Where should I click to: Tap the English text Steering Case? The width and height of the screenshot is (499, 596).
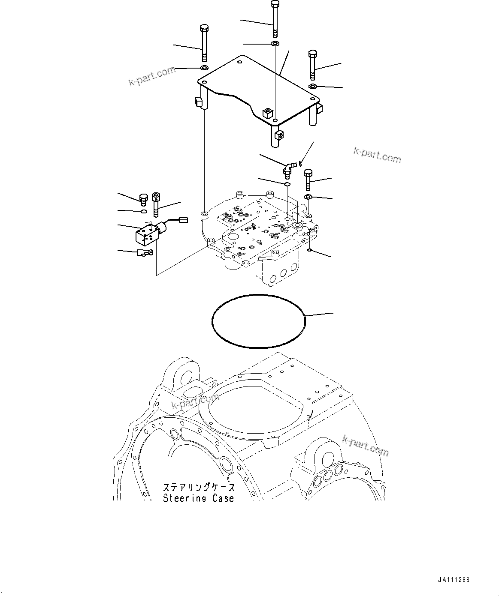pyautogui.click(x=199, y=498)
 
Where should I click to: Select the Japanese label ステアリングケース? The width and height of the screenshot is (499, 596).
pyautogui.click(x=199, y=488)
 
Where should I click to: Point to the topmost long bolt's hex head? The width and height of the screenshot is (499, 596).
pyautogui.click(x=275, y=4)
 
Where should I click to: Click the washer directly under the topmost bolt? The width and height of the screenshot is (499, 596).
pyautogui.click(x=275, y=44)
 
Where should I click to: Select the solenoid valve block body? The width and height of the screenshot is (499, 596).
pyautogui.click(x=145, y=234)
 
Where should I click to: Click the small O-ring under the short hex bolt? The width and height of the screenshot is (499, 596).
pyautogui.click(x=144, y=211)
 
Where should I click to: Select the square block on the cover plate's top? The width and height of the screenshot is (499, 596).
pyautogui.click(x=268, y=113)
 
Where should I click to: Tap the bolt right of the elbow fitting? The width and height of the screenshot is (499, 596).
pyautogui.click(x=308, y=180)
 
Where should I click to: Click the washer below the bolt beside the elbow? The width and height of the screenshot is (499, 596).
pyautogui.click(x=308, y=197)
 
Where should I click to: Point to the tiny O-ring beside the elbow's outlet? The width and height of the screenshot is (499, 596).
pyautogui.click(x=302, y=162)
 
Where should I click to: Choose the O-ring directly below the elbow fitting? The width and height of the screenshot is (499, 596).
pyautogui.click(x=287, y=184)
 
